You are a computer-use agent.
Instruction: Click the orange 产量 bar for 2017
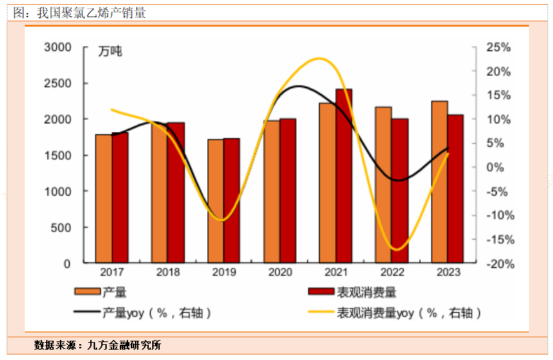point(103,199)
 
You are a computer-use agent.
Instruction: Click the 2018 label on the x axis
point(168,273)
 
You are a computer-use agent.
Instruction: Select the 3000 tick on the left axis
point(57,47)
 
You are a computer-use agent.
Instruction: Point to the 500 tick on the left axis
point(62,228)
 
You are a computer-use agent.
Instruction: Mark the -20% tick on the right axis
point(497,264)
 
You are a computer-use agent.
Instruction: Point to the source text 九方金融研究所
point(124,345)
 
